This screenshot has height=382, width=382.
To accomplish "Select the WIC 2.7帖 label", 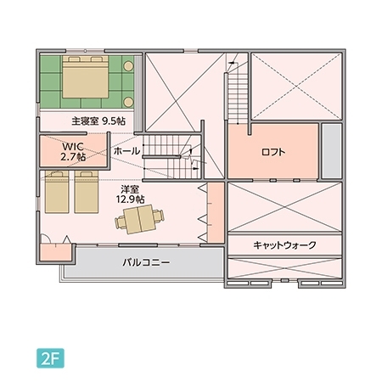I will (73, 151).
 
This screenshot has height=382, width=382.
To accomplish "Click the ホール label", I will (126, 151).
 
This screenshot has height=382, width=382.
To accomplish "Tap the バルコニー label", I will (145, 263).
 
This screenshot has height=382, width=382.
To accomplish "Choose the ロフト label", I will (272, 153).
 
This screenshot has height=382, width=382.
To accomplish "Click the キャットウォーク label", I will (284, 245).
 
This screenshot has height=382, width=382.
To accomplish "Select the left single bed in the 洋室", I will (58, 192).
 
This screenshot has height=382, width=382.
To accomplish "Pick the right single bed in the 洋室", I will (87, 192).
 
